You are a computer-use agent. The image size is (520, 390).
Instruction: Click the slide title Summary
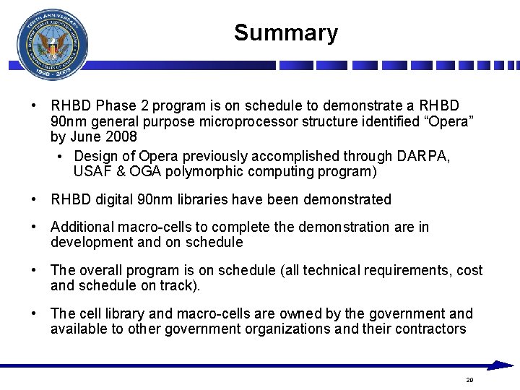tap(285, 33)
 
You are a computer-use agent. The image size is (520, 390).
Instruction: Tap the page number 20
tap(469, 380)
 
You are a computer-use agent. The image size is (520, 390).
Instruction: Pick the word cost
tap(469, 270)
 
